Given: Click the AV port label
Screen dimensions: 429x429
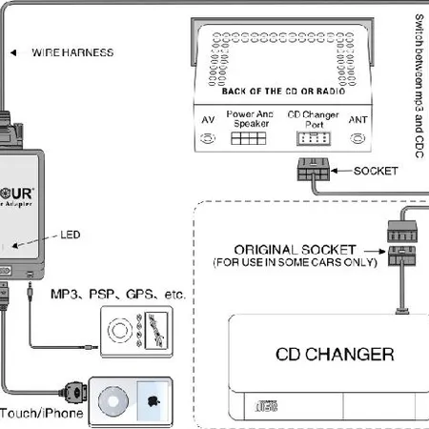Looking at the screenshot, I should point(208,120).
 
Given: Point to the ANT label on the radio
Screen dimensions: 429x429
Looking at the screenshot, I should point(358,120).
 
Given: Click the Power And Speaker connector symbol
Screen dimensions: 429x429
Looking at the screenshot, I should point(248,138).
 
